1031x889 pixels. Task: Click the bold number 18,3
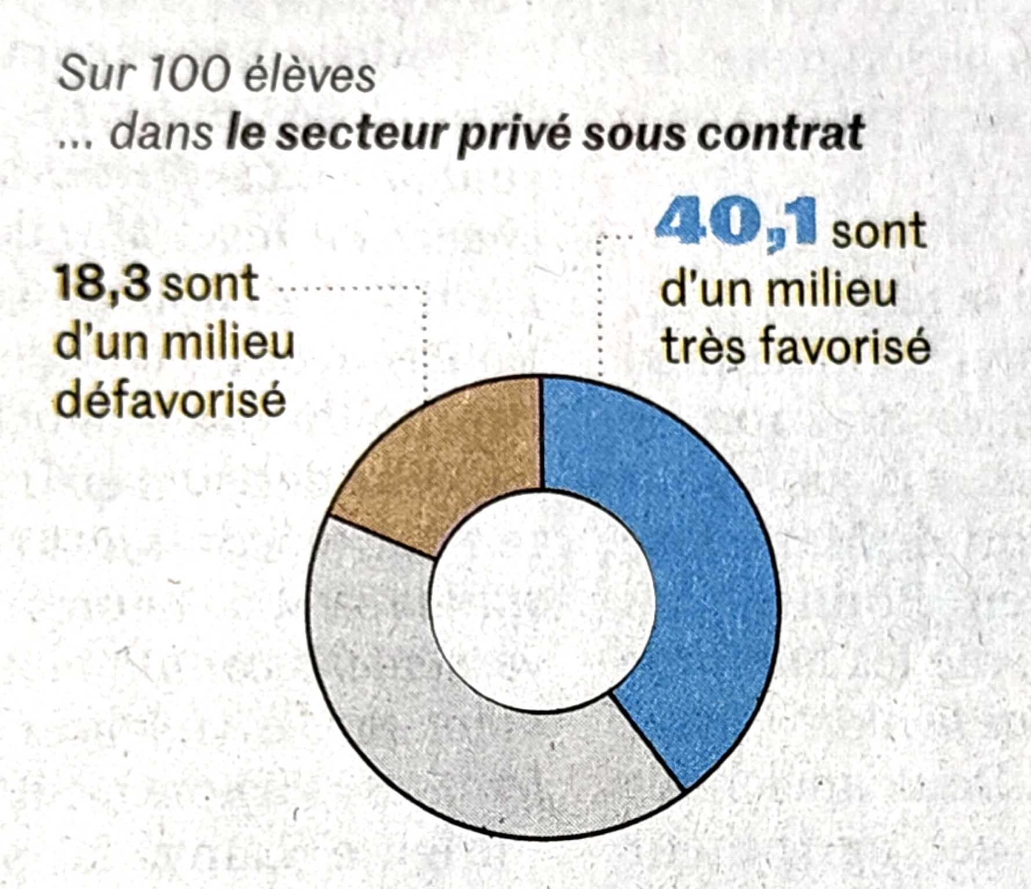click(102, 284)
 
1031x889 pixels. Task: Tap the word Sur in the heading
click(93, 75)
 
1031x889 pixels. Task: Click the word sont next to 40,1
click(878, 231)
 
